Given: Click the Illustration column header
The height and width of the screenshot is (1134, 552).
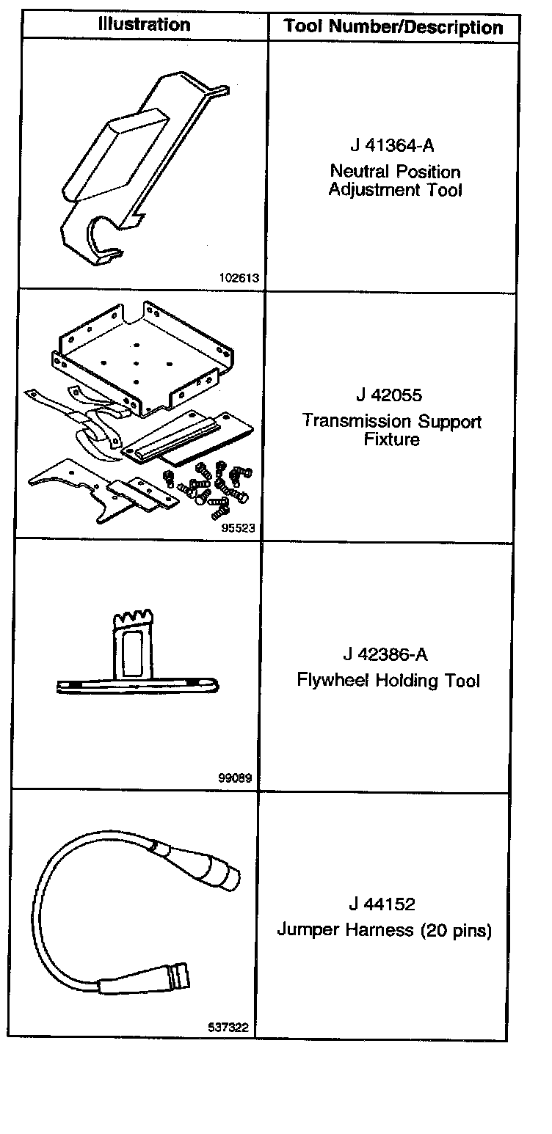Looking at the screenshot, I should pos(145,25).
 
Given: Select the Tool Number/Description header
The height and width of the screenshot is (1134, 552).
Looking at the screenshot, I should pos(393,28).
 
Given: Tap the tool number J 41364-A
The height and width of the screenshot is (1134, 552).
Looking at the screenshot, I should pos(394,145).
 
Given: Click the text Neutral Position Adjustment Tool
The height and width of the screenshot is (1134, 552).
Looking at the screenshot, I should pos(395,181).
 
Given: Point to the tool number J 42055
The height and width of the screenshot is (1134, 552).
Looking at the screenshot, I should pos(389,395).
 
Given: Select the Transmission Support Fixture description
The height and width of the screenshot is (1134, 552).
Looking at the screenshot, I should pos(392,431).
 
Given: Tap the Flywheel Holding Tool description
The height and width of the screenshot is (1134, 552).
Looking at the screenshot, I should pos(388,681).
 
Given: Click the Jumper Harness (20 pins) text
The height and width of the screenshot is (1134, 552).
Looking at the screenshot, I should pos(384,930).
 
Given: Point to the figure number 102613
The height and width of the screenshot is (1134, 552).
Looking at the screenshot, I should pos(239,278).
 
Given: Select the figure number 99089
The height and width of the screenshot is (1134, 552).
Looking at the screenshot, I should pos(235,778).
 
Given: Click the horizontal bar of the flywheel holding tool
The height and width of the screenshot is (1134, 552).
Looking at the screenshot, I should pos(139,687).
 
